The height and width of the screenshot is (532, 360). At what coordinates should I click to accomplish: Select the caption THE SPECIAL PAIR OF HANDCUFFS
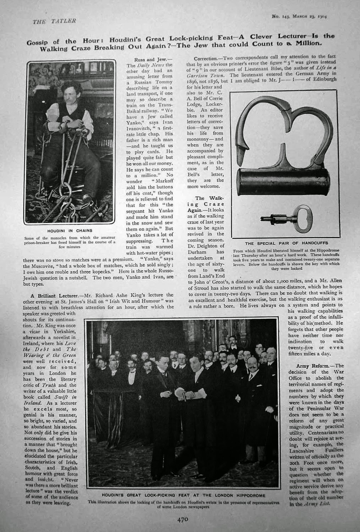(x=283, y=244)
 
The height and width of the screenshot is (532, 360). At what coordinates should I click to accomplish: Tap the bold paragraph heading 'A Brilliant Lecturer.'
(x=54, y=295)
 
